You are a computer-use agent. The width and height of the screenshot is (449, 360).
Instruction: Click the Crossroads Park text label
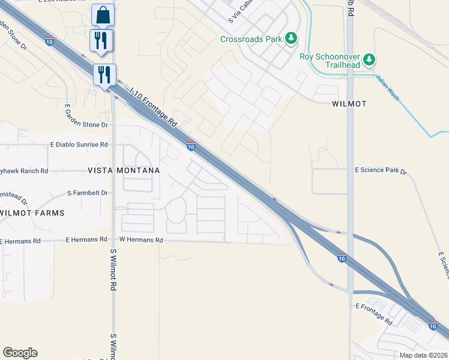251,39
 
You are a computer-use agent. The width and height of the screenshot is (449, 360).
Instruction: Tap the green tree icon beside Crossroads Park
291,38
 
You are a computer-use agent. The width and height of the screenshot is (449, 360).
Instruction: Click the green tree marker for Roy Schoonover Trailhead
370,59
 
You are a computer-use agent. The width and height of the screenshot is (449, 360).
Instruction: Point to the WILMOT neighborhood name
349,104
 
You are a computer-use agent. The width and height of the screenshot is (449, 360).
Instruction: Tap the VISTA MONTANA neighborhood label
124,170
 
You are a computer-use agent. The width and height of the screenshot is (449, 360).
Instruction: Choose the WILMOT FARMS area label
32,213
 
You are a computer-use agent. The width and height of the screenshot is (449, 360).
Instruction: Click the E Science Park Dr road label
381,171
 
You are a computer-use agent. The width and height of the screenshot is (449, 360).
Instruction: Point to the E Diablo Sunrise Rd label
79,145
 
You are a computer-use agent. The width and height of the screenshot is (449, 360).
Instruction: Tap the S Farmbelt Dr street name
88,193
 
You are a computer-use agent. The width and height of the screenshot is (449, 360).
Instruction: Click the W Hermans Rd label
141,240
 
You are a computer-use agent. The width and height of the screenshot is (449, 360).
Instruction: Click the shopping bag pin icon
103,14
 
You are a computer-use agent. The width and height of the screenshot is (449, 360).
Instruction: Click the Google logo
20,353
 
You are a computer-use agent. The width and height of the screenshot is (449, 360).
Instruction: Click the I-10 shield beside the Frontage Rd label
191,146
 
